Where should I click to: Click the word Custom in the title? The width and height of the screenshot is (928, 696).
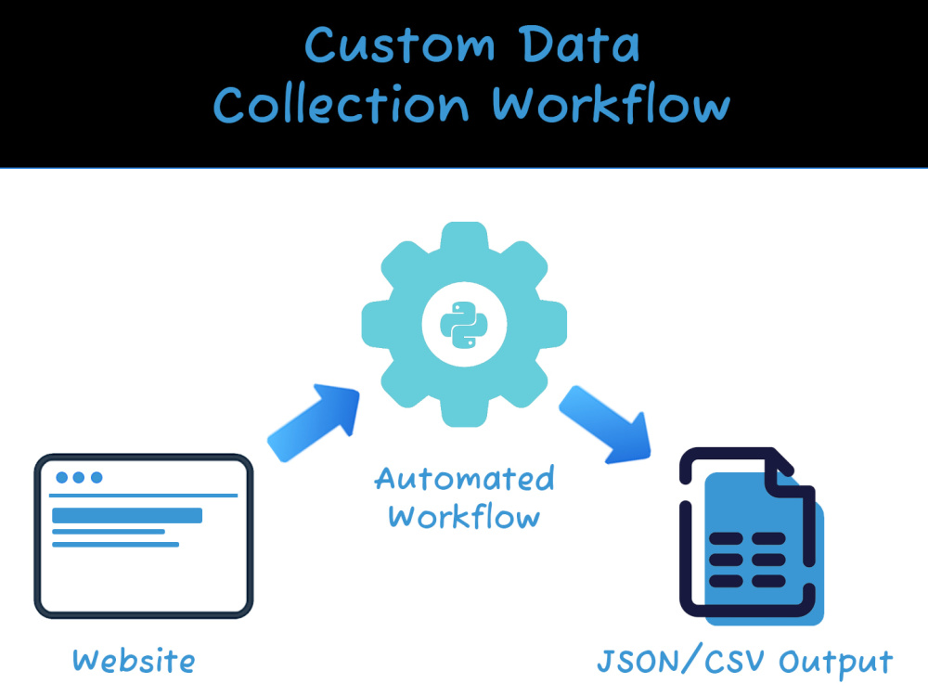[x=400, y=45]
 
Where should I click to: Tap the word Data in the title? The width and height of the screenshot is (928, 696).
[x=581, y=45]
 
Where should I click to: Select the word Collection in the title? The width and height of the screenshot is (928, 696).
[x=342, y=104]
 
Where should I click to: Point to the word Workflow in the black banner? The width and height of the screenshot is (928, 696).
[x=612, y=104]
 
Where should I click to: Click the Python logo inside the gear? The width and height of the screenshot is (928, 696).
[x=464, y=324]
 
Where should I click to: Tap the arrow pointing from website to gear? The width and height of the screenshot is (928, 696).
[x=314, y=422]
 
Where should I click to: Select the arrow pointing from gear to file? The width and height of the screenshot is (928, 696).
[x=605, y=424]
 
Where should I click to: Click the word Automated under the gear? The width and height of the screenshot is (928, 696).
[x=465, y=478]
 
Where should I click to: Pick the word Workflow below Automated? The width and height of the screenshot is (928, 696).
[x=465, y=516]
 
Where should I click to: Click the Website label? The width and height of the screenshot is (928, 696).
[x=134, y=661]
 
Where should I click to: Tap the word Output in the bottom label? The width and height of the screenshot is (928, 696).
[x=836, y=662]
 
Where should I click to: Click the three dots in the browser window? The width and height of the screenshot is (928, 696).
[x=79, y=478]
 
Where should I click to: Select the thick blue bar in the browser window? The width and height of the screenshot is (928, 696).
[x=127, y=515]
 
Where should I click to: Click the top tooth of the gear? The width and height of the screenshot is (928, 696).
[x=465, y=236]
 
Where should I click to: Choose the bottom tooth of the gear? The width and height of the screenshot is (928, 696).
[x=465, y=413]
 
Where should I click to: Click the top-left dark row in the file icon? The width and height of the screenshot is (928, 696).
[x=726, y=538]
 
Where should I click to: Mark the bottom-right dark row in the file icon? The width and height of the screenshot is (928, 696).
[x=768, y=581]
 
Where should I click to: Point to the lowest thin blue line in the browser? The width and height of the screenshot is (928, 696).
[x=115, y=545]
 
